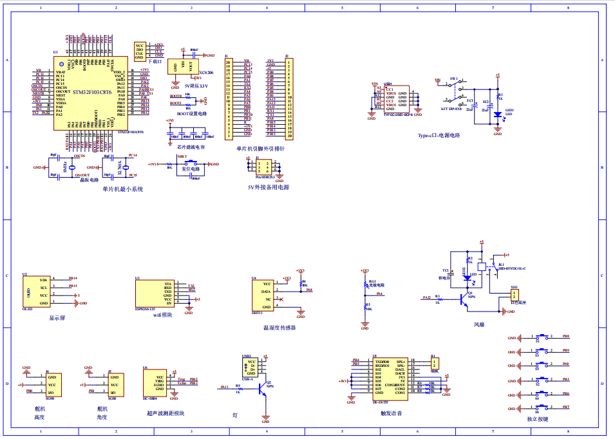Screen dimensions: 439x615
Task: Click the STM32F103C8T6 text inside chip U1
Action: pos(92,92)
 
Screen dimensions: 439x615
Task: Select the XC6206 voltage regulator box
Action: pos(183,66)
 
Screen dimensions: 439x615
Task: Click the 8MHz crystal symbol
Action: pos(72,167)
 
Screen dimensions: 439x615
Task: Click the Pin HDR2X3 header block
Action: pos(265,166)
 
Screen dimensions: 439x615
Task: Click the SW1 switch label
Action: pos(453,79)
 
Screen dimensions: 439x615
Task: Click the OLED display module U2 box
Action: pos(37,291)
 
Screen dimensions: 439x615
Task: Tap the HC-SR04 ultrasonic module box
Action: pos(155,384)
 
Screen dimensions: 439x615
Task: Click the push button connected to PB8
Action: pos(542,337)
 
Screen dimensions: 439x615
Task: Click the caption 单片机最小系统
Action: pos(122,189)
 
